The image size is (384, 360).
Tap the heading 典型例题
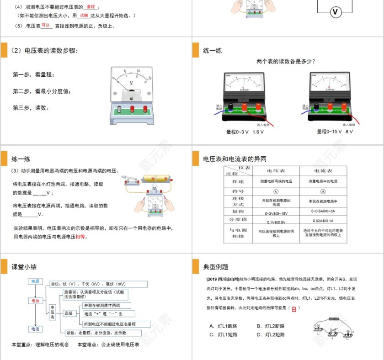(x=216, y=267)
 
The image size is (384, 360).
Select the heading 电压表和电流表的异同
(x=235, y=159)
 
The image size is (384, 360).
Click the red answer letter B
(x=294, y=308)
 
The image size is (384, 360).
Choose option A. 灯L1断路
(x=224, y=326)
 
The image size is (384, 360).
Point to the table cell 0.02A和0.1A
(x=323, y=222)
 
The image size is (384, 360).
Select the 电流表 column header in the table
(x=323, y=171)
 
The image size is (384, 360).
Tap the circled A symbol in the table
(x=323, y=191)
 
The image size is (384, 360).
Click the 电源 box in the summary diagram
(x=35, y=281)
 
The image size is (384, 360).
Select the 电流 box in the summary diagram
(x=35, y=329)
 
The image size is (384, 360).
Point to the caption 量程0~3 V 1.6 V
(x=245, y=132)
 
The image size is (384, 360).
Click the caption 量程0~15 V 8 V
(x=335, y=132)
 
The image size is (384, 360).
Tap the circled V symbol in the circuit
(x=335, y=12)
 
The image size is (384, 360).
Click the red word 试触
(x=84, y=16)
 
